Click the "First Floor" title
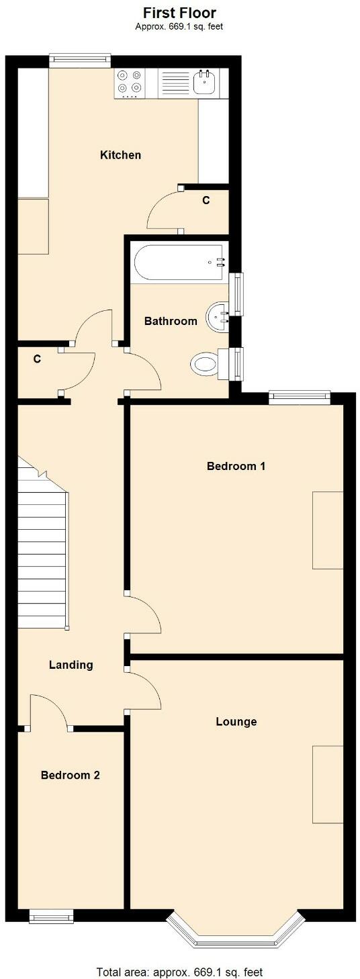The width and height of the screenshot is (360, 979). (x=179, y=13)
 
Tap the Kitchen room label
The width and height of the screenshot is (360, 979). (x=120, y=155)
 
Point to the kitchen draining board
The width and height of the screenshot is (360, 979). (x=175, y=83)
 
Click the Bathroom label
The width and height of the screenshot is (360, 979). (x=171, y=321)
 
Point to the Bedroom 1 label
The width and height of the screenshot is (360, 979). (x=236, y=466)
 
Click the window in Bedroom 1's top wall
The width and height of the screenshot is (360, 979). (x=300, y=398)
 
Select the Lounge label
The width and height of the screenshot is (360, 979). (x=236, y=722)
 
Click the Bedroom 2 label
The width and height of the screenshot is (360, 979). (x=71, y=775)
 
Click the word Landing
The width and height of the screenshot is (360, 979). (x=71, y=665)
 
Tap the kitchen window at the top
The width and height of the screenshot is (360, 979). (x=81, y=60)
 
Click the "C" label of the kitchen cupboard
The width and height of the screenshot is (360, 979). (x=206, y=200)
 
